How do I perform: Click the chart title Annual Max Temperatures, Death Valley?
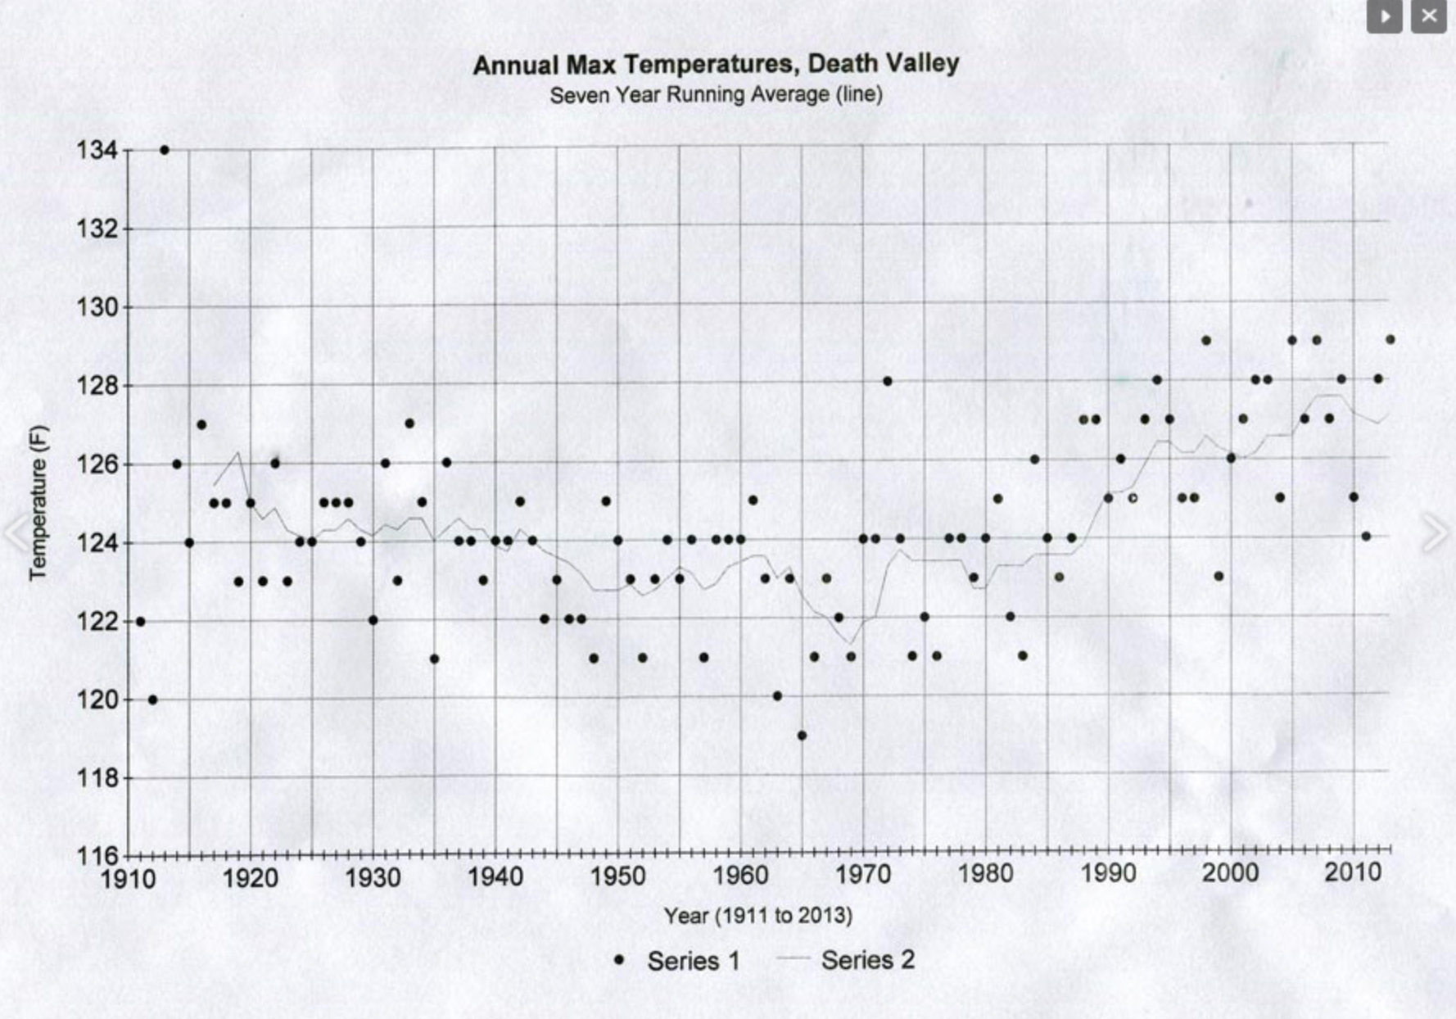tap(716, 64)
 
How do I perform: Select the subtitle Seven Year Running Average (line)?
tap(716, 95)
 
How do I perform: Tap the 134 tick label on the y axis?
tap(97, 151)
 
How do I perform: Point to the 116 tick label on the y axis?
tap(97, 856)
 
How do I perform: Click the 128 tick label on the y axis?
tap(97, 386)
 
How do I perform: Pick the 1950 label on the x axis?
tap(617, 876)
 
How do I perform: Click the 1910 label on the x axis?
tap(128, 878)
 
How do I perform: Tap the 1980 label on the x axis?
tap(985, 873)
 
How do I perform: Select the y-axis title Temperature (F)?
tap(38, 503)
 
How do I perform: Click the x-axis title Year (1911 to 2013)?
tap(757, 915)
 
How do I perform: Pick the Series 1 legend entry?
tap(678, 961)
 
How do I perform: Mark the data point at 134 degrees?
tap(165, 150)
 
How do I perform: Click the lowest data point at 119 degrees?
tap(802, 736)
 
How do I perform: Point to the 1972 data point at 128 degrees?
tap(887, 381)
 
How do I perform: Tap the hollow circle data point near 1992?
tap(1133, 498)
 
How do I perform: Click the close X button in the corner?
tap(1428, 16)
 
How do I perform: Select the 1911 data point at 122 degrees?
tap(140, 622)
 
